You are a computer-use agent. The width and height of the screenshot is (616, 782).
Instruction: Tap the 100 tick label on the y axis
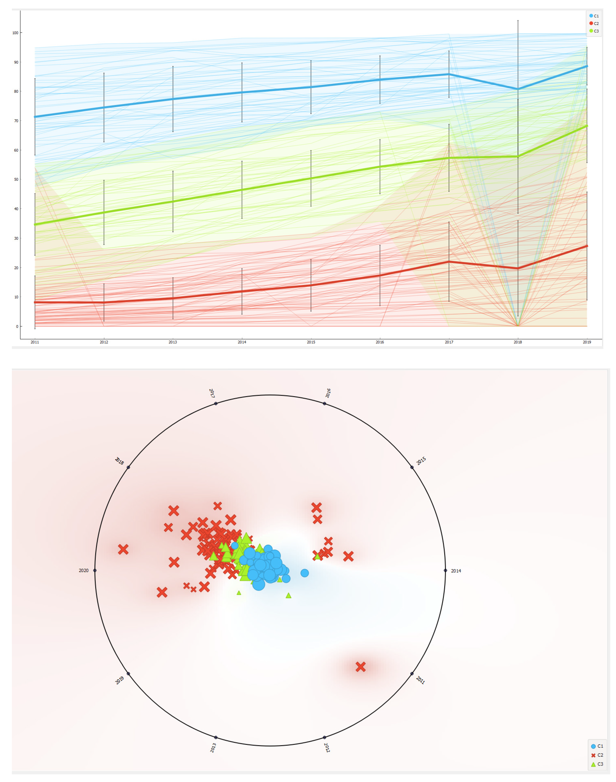pos(15,33)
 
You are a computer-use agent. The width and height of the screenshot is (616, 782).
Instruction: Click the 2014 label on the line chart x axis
pos(242,342)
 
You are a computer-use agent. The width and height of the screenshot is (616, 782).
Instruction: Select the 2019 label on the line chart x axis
pos(587,342)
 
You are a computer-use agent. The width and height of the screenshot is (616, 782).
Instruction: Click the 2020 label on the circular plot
pos(83,570)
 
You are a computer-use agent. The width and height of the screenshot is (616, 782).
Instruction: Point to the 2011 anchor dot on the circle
pos(412,674)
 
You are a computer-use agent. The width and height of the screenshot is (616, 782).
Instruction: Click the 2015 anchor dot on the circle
pos(412,467)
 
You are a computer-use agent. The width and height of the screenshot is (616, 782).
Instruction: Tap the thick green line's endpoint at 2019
pos(587,126)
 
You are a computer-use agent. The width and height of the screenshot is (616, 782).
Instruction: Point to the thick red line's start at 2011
pos(35,302)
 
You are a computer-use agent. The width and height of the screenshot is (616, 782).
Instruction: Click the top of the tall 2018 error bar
pos(518,21)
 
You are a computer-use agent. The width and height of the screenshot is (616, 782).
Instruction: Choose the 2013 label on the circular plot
pos(213,747)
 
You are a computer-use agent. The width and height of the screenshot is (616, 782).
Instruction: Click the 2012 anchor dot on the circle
pos(325,737)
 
